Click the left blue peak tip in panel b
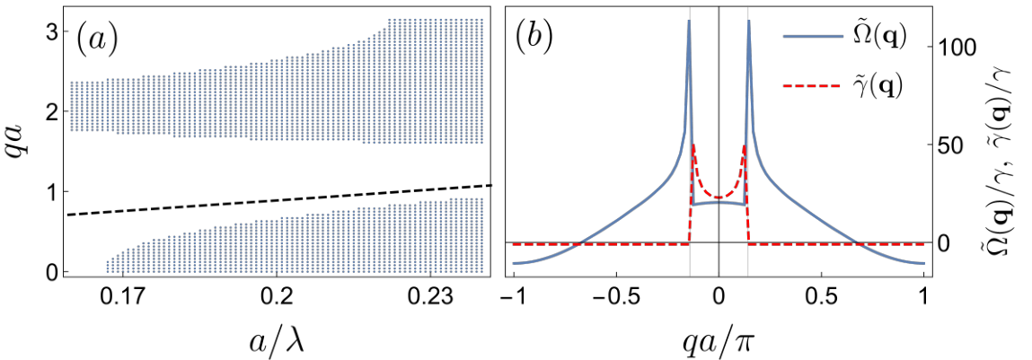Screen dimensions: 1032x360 [x=689, y=21]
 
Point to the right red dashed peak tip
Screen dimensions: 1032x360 [x=744, y=145]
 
